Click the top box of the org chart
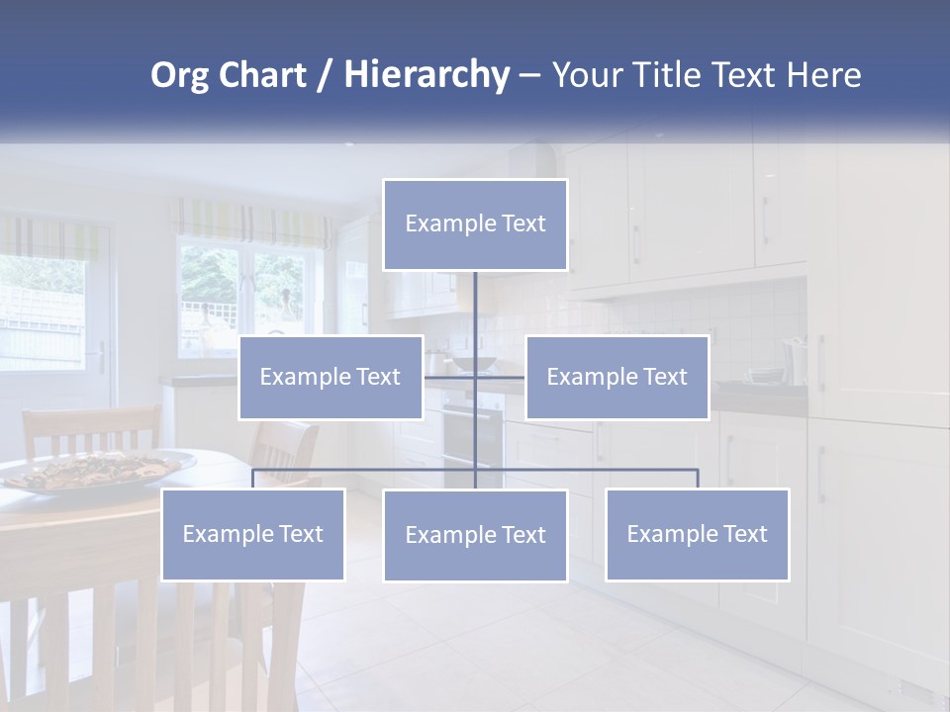(475, 224)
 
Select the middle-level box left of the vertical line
(331, 377)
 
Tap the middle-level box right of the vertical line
(617, 377)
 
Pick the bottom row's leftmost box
(253, 534)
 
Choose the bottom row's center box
(475, 535)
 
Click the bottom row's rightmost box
(698, 534)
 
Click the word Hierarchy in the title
(426, 75)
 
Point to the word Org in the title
(179, 75)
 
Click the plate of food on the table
(99, 469)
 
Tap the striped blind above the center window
(251, 222)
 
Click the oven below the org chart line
(473, 440)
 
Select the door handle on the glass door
(99, 357)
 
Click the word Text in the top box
(522, 223)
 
